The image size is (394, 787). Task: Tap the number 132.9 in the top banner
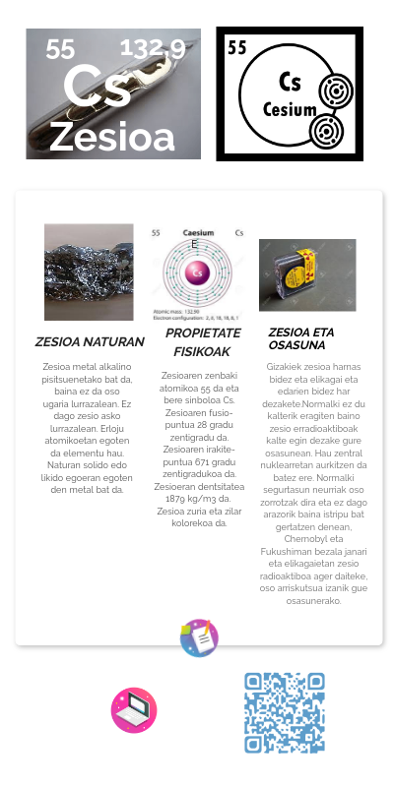click(152, 49)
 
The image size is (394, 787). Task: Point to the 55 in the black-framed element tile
click(237, 47)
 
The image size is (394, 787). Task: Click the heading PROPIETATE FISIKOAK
click(202, 342)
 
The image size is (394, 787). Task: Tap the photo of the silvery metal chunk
click(89, 272)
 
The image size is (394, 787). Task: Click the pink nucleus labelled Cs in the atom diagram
click(197, 272)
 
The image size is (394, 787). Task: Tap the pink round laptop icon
click(134, 710)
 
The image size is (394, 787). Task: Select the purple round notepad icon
click(199, 638)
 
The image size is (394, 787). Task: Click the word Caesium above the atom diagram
click(199, 233)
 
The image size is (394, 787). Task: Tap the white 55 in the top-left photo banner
click(60, 49)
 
